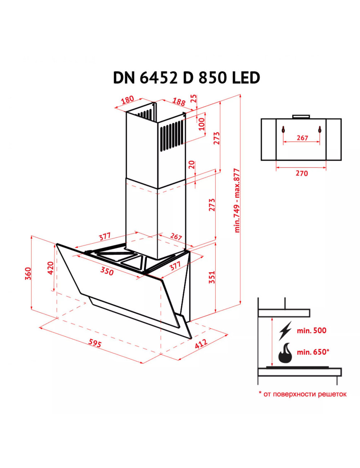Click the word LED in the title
click(x=246, y=78)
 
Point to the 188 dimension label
click(x=179, y=101)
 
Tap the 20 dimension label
click(x=192, y=164)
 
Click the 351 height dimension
click(x=211, y=277)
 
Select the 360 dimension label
click(x=28, y=274)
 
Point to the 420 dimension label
click(x=50, y=268)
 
